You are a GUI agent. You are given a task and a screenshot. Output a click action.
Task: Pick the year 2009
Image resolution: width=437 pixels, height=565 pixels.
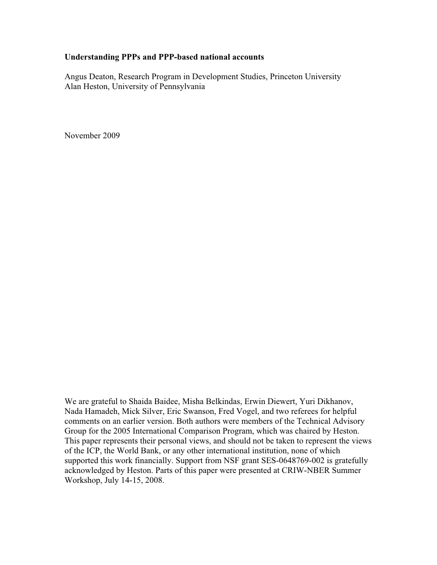click(x=111, y=136)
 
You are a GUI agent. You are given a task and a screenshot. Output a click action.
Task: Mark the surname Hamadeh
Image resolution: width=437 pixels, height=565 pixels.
click(x=99, y=411)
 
